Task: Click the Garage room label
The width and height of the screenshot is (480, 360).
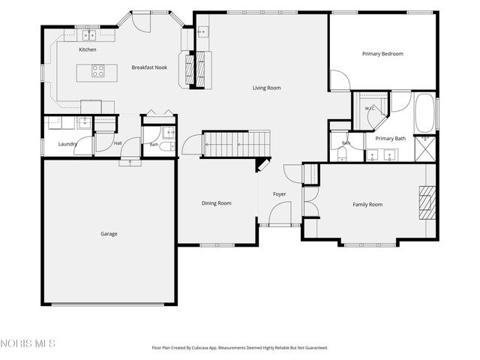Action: point(109,234)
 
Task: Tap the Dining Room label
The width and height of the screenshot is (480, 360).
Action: point(217,203)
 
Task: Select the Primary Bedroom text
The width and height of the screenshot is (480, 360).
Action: point(382,54)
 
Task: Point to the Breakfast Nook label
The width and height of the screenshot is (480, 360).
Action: point(149,67)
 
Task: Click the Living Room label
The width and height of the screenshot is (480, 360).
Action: point(267,88)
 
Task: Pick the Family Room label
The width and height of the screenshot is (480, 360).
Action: point(367,205)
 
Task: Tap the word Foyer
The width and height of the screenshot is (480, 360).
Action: point(280,194)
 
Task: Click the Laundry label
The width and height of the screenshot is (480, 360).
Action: point(67,144)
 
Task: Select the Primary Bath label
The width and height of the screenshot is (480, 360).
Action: point(391,139)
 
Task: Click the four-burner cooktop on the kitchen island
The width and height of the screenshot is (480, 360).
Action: point(98,70)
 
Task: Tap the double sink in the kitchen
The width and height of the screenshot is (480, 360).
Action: point(88,35)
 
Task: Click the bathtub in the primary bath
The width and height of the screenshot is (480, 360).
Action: point(425,112)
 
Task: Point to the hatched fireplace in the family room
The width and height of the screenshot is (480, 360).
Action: point(427,203)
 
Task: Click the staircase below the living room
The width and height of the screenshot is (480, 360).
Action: point(237,144)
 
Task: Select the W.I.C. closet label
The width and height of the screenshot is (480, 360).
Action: point(370,109)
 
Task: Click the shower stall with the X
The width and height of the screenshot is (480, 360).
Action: point(425,148)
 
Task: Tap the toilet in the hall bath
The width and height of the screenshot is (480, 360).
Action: point(167,146)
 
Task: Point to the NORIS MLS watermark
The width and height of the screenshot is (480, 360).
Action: point(28,343)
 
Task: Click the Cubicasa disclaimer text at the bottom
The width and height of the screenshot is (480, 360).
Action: point(240,348)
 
